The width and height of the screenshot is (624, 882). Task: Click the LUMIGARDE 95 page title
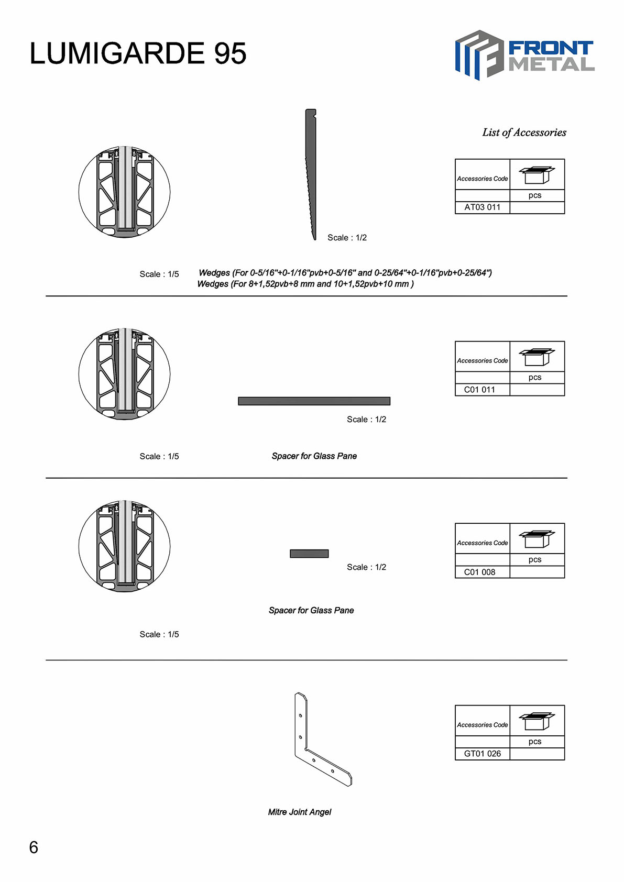click(138, 53)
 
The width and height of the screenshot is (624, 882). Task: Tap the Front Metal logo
click(524, 55)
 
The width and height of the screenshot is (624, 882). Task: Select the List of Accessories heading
click(524, 133)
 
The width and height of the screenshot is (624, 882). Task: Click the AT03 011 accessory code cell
click(482, 207)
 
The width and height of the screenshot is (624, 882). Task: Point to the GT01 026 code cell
click(482, 754)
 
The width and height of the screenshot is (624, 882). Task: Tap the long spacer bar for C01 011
click(314, 401)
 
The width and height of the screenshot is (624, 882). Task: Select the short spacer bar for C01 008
click(309, 554)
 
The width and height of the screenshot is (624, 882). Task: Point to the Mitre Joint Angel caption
click(300, 812)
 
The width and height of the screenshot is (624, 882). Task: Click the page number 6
click(34, 847)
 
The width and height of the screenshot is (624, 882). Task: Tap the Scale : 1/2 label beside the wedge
click(347, 238)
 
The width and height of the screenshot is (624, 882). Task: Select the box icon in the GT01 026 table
click(537, 721)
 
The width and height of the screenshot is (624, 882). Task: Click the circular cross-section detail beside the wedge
click(124, 192)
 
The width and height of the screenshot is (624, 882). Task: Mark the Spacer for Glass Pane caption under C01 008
click(311, 611)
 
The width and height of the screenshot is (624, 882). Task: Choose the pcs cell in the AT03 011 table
click(534, 195)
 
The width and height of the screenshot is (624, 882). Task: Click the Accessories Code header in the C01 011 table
click(482, 361)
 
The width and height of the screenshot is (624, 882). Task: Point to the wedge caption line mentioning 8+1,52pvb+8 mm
click(305, 284)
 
